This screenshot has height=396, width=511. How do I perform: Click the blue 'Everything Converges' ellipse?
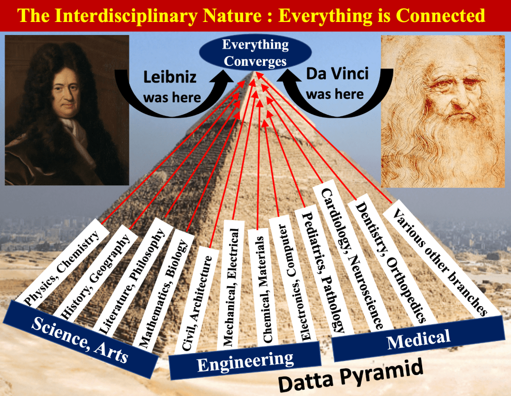255,53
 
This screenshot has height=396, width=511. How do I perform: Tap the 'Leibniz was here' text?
172,87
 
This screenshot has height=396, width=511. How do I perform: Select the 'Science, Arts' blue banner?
80,340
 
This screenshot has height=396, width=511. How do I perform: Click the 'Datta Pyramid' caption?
351,375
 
